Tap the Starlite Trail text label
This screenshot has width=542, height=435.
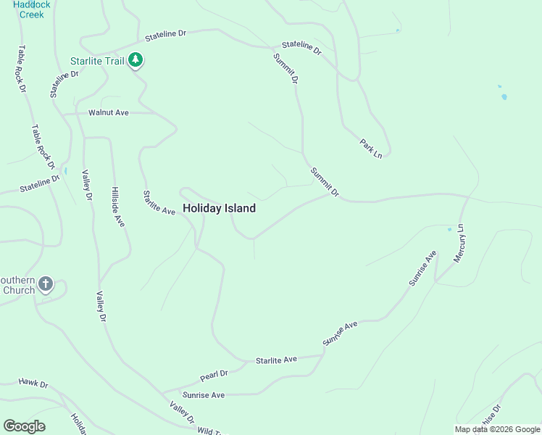[x=97, y=61]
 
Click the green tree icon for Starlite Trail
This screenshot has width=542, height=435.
[x=135, y=59]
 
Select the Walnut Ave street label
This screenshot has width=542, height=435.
[x=108, y=112]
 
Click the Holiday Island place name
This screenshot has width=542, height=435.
[x=219, y=208]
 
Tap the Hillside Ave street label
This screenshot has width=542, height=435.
[x=118, y=207]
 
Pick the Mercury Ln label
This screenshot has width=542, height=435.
[x=459, y=244]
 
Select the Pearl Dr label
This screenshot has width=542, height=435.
[x=214, y=376]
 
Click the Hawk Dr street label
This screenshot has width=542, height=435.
[x=33, y=383]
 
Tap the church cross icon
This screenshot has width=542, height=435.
[x=46, y=284]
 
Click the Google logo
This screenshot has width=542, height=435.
[x=24, y=426]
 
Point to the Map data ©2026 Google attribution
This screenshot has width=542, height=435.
[x=498, y=429]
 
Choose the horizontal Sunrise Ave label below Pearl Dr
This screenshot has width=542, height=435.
[x=204, y=395]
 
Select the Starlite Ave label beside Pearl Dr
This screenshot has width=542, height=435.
[x=276, y=360]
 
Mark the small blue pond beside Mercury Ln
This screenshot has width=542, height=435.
[x=449, y=229]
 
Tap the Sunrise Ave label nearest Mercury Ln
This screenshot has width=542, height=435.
[x=423, y=268]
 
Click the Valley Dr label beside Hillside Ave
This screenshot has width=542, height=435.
[x=88, y=186]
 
